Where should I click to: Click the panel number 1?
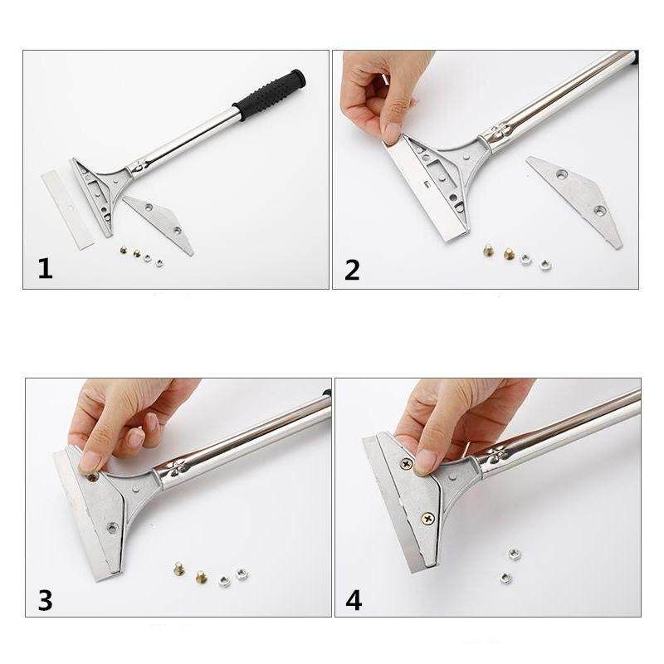(46, 268)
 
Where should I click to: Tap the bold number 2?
(352, 270)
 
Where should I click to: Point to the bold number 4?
(354, 600)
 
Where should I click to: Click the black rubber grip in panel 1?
(269, 95)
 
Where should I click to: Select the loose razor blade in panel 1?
(68, 211)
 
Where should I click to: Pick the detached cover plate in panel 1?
(159, 224)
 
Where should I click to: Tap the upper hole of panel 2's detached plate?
(562, 173)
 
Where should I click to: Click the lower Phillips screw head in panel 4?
(427, 517)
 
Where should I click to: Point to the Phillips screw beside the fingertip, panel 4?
(407, 465)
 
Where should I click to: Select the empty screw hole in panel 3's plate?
(112, 528)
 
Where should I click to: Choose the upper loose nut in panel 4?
(514, 553)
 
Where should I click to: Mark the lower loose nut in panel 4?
(505, 577)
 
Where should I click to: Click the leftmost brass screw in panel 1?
(124, 251)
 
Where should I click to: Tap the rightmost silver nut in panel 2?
(545, 265)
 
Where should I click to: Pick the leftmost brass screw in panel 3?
(179, 569)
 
